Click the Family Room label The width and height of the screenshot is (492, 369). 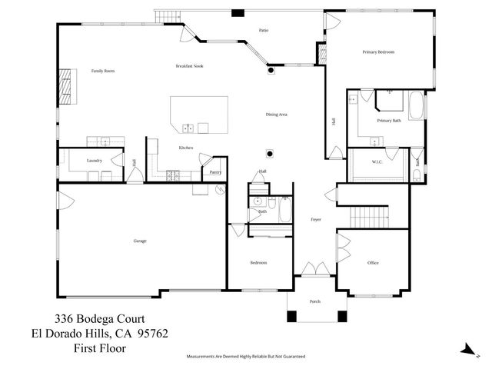coord(103,71)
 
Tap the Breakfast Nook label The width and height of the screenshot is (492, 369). coord(188,67)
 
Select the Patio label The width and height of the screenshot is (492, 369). coord(263,31)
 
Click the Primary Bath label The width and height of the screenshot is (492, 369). coord(389,121)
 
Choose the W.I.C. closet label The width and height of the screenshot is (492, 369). coord(377,161)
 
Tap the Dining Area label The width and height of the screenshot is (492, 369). coord(276,115)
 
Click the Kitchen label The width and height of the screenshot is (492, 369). coord(185,148)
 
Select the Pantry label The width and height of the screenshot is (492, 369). coord(215,172)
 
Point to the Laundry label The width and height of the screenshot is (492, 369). coord(95,161)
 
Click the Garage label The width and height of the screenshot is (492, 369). coord(140,241)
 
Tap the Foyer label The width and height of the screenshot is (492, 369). coord(315,219)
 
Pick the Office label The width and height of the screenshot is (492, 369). coord(373,263)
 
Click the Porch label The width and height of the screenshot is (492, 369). coord(314,301)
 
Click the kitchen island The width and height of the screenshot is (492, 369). coord(198,114)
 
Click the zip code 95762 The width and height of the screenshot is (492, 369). coord(152,334)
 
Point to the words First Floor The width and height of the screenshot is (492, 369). coord(100,348)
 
